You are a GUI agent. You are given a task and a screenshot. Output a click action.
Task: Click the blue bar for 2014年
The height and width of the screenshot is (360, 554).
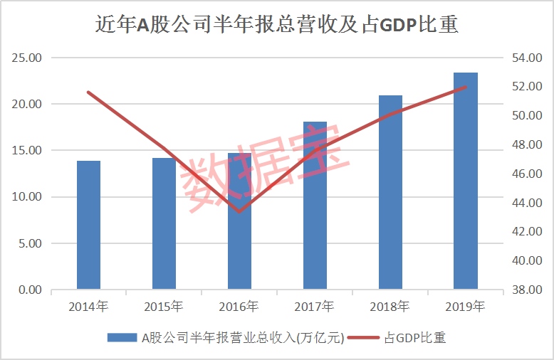coord(88,226)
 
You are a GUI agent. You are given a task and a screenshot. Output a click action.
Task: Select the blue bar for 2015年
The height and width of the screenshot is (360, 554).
coord(164,224)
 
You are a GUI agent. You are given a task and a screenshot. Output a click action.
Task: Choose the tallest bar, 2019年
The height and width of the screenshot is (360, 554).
coord(466,181)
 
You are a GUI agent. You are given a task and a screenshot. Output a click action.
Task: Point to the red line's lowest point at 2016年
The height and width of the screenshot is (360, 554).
coord(239,211)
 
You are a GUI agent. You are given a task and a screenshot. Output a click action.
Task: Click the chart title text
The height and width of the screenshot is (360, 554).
coord(277,26)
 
